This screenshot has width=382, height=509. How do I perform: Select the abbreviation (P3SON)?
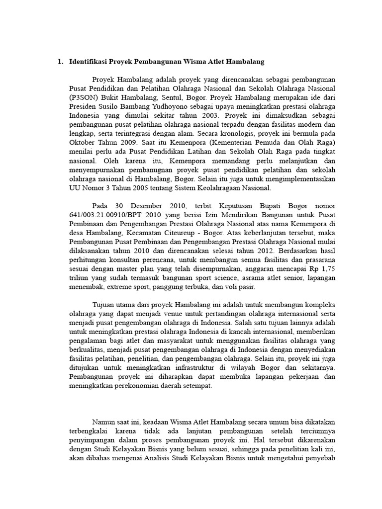point(85,98)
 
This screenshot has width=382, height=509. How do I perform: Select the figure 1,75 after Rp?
point(327,269)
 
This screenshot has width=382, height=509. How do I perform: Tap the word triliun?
point(79,278)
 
